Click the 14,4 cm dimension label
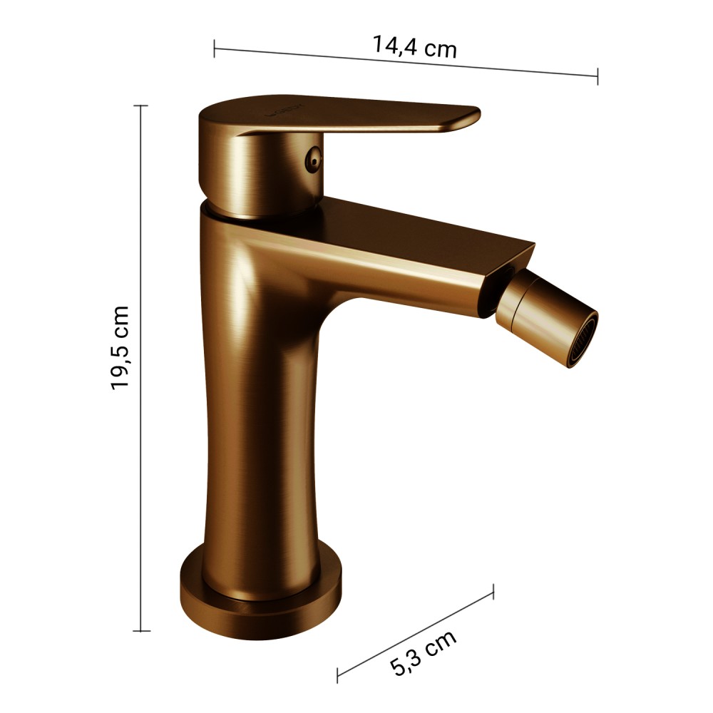(x=414, y=46)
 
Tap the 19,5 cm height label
(x=120, y=348)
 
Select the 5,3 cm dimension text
(x=423, y=653)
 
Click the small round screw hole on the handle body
(x=313, y=159)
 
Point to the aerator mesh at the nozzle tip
(x=583, y=339)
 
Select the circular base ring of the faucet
(x=260, y=600)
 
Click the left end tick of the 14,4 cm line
(x=214, y=48)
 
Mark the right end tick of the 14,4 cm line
(x=597, y=76)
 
